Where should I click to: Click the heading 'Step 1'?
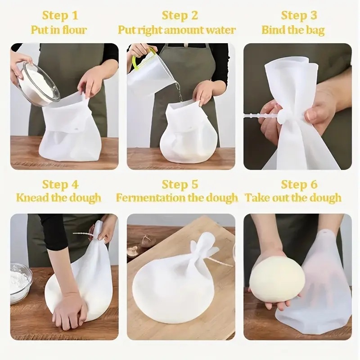click(x=60, y=15)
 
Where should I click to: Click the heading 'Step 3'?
click(x=299, y=15)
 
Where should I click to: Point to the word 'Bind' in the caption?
click(x=272, y=30)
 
